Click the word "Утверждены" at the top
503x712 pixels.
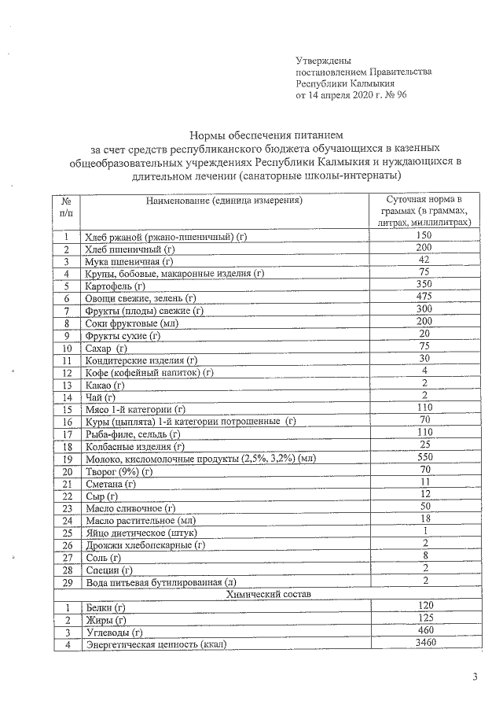323,61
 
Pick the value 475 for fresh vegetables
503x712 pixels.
424,298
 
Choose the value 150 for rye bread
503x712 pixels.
424,236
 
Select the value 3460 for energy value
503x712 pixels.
424,644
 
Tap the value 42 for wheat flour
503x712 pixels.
424,260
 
